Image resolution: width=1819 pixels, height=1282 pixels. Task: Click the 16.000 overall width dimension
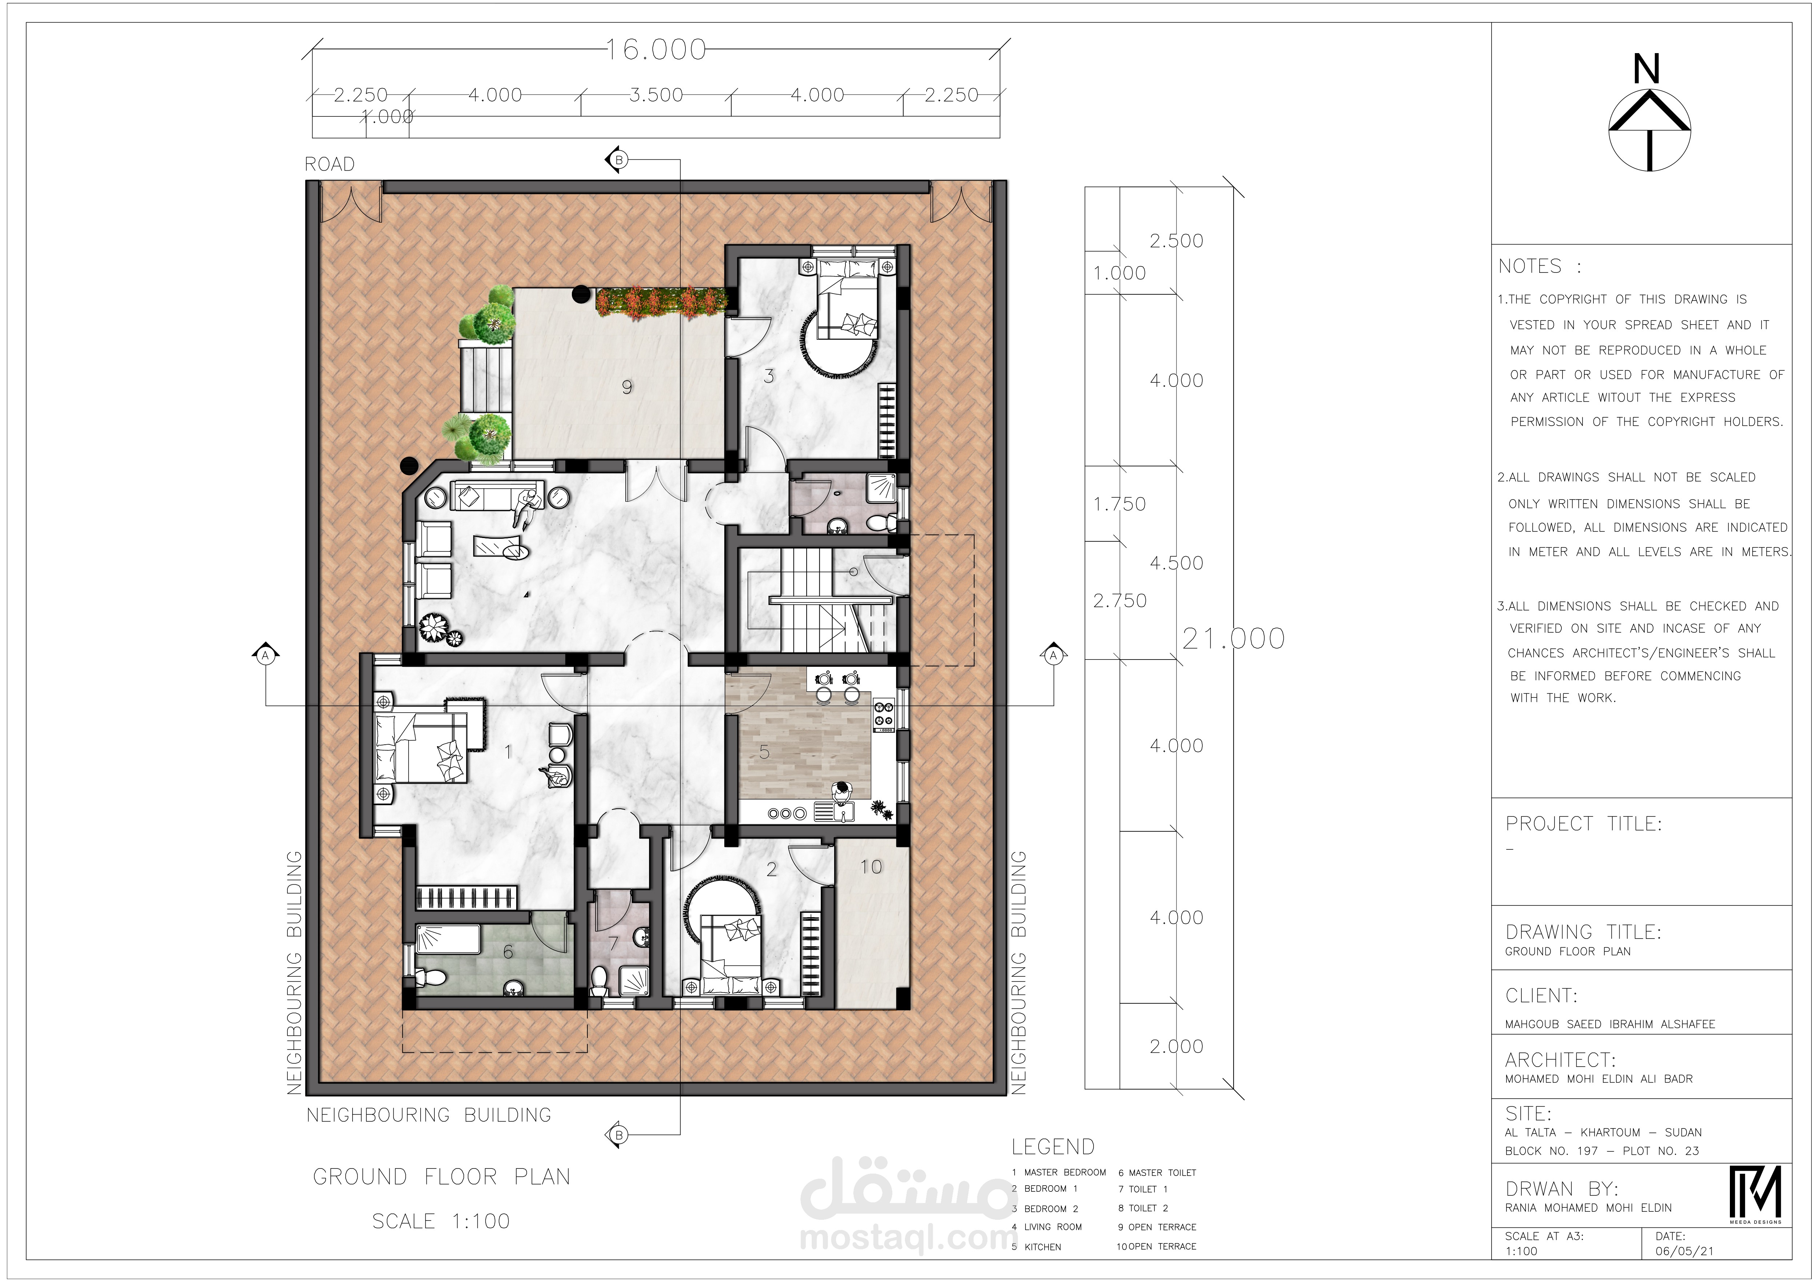656,50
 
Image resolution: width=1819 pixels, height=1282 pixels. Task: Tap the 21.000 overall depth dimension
1234,638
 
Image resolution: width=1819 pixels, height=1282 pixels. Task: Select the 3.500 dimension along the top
656,95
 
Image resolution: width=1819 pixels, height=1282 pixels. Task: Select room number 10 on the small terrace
871,867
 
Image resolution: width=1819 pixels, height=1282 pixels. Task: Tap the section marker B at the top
617,160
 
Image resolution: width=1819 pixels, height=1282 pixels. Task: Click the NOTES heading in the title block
1530,266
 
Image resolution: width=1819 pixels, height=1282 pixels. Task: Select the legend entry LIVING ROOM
1053,1227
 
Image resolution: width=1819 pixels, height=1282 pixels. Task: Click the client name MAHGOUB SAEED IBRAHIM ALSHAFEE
1610,1024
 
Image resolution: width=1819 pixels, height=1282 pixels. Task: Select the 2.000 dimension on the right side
1177,1047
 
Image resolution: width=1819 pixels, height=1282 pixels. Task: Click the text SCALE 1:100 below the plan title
441,1221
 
